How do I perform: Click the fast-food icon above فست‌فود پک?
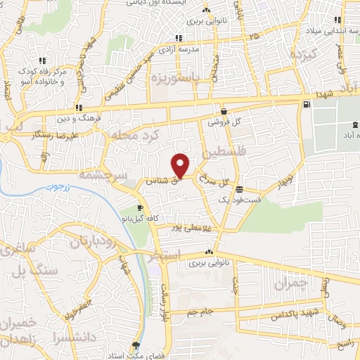tap(240, 188)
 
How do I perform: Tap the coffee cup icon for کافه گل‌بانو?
tap(140, 208)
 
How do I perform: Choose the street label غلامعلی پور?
tap(190, 227)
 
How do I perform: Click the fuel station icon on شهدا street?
tap(307, 105)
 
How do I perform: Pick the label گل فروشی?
tap(224, 122)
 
